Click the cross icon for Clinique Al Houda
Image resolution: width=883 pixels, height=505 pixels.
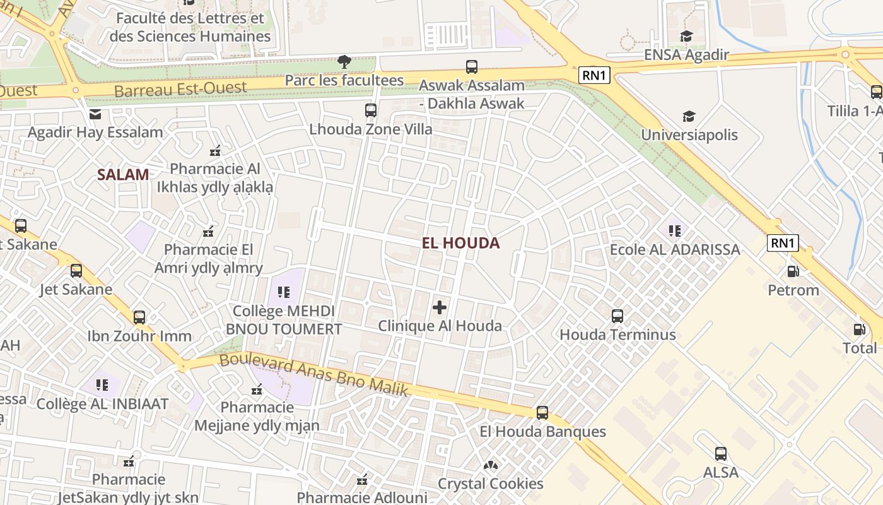coord(440,307)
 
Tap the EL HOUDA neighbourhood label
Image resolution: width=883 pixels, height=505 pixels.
coord(460,243)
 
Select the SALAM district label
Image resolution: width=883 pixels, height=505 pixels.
coord(123,175)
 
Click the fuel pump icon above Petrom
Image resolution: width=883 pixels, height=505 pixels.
coord(793,271)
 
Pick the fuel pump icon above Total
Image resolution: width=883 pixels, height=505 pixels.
coord(859,329)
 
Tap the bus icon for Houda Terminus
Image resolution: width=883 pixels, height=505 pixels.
coord(617,316)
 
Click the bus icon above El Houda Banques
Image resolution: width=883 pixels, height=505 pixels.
coord(542,413)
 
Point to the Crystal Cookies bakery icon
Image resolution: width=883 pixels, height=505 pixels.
coord(490,465)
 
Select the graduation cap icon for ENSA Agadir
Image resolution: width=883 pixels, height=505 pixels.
coord(686,37)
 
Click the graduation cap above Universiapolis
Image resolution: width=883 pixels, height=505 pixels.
coord(689,116)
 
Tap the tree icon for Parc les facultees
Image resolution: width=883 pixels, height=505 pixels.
coord(344,61)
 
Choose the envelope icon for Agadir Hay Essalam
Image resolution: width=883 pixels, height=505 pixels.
coord(95,114)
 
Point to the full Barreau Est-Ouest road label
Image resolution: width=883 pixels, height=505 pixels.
coord(180,88)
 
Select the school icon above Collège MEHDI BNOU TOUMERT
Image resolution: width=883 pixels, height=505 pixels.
coord(284,292)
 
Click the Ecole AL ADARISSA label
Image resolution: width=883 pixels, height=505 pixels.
coord(674,249)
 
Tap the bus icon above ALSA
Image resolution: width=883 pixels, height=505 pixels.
coord(720,453)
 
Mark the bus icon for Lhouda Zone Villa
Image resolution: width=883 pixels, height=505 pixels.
coord(371,110)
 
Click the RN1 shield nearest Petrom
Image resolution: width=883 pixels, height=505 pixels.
coord(783,243)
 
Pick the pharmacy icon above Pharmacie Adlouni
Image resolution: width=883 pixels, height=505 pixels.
coord(362,480)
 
